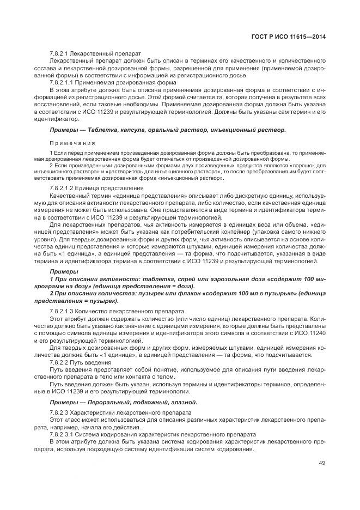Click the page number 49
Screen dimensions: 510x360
click(321, 463)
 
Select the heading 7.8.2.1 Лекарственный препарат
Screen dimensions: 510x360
click(95, 53)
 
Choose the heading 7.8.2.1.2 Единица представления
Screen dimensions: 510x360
click(96, 188)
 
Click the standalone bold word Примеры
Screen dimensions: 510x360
click(63, 271)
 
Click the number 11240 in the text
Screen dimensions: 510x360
click(315, 332)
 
